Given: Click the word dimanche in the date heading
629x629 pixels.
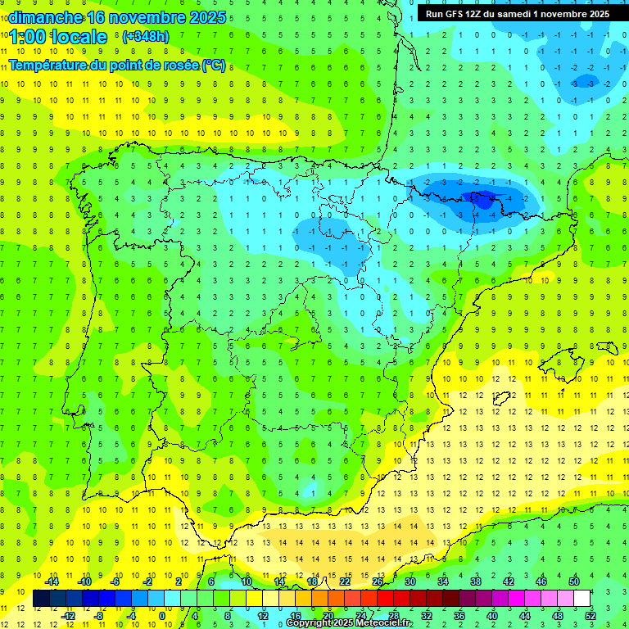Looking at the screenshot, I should click(x=45, y=17).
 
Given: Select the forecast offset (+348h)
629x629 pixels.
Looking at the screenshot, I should click(x=145, y=37).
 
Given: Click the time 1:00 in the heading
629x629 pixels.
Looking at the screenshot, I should click(x=27, y=37).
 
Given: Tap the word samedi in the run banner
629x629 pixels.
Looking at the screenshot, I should click(x=512, y=14).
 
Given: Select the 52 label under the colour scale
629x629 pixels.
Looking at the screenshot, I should click(x=591, y=616).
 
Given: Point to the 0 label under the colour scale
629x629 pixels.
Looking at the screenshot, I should click(x=162, y=616).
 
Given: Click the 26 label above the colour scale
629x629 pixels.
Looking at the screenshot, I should click(x=378, y=581).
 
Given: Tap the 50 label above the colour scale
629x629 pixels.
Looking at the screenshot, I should click(x=574, y=581).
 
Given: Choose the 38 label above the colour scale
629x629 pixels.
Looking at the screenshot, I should click(x=476, y=581).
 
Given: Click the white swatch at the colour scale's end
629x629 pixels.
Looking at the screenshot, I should click(x=581, y=599).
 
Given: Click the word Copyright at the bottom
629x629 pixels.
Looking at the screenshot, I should click(x=310, y=623).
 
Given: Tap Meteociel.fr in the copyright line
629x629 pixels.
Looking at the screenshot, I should click(x=385, y=623).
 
